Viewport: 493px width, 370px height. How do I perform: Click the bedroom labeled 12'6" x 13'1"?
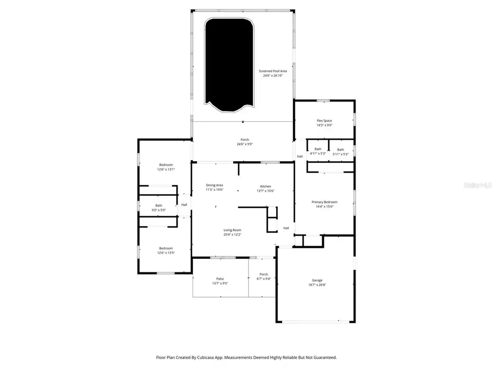point(167,167)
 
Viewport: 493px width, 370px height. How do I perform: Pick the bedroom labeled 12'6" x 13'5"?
point(165,251)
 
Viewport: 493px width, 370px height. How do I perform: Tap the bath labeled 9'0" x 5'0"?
point(158,208)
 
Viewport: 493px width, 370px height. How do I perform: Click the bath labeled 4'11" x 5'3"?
point(318,151)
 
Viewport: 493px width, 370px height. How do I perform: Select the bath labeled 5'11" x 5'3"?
point(340,151)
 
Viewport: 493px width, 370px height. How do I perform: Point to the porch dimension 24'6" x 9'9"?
point(245,145)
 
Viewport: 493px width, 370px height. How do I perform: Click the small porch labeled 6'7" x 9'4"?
point(263,276)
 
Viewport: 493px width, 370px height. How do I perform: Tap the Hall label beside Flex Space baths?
point(300,156)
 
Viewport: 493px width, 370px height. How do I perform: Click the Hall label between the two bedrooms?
point(184,205)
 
